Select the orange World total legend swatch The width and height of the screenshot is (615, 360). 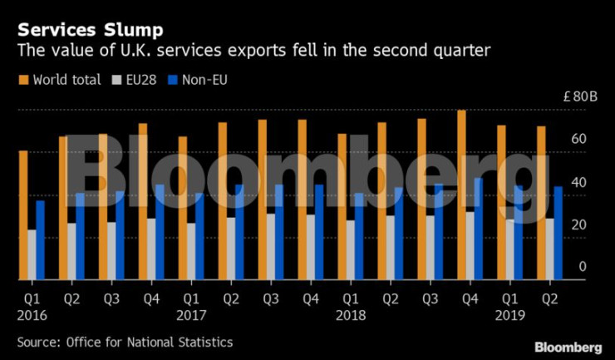pyautogui.click(x=22, y=80)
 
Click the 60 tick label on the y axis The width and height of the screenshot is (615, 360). pyautogui.click(x=578, y=140)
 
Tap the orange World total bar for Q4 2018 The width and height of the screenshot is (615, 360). pyautogui.click(x=461, y=195)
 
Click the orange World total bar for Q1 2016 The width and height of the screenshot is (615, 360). pyautogui.click(x=23, y=215)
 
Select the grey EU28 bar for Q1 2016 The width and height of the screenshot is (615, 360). pyautogui.click(x=32, y=254)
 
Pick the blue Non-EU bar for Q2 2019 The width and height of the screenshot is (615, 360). pyautogui.click(x=558, y=233)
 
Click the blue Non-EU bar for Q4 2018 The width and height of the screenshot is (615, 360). pyautogui.click(x=478, y=229)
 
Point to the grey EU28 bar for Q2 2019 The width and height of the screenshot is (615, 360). pyautogui.click(x=549, y=249)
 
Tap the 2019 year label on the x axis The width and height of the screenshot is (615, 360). pyautogui.click(x=509, y=316)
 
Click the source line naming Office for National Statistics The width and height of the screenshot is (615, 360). pyautogui.click(x=125, y=342)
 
